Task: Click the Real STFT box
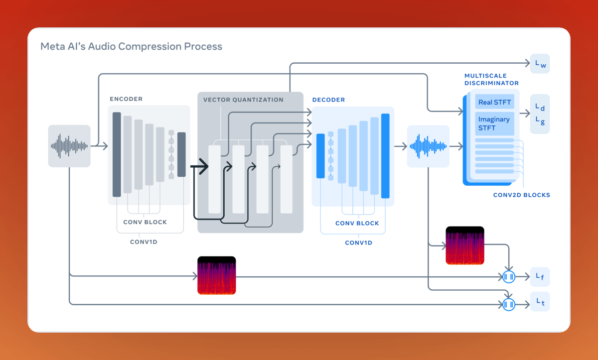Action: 494,102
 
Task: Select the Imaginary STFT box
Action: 494,123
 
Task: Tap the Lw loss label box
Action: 540,64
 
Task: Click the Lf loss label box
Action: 540,276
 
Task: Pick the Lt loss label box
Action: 540,301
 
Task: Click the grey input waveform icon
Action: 69,146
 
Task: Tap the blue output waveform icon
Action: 428,146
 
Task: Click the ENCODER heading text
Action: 126,99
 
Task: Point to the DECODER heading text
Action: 328,100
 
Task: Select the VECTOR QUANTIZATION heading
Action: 243,100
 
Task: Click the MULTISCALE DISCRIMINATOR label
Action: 491,80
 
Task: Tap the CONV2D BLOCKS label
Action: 522,195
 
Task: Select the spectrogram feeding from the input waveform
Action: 217,275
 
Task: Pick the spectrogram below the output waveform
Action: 465,245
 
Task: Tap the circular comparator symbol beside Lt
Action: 508,304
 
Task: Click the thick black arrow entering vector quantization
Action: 200,166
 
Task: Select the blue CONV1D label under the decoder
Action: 358,243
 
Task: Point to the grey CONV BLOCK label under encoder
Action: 145,222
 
